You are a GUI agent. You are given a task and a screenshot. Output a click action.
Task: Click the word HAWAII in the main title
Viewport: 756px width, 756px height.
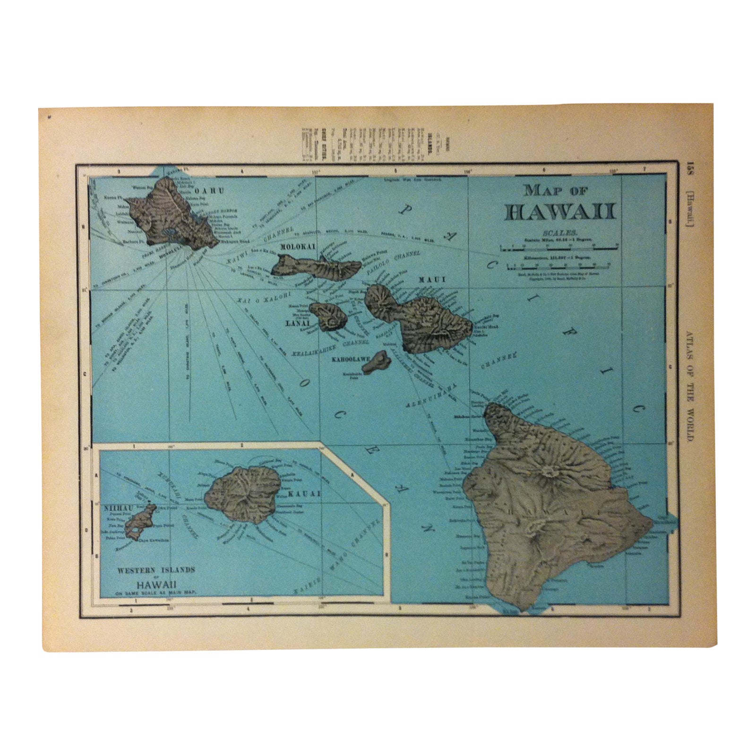pos(561,212)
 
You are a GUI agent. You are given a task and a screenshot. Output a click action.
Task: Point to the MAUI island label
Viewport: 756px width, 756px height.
pos(432,280)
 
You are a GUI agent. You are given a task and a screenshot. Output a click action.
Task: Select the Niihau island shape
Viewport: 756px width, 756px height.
pos(140,521)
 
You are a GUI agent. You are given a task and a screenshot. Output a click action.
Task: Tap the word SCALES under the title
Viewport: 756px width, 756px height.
pos(560,233)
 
